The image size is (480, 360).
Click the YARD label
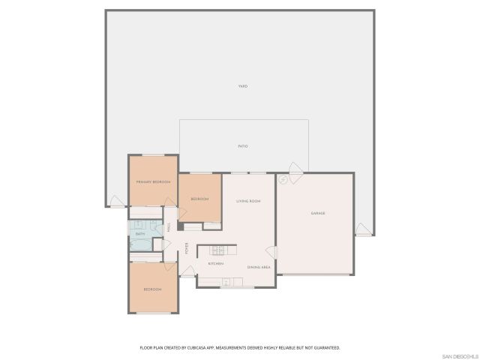(243, 86)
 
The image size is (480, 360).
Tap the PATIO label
(243, 145)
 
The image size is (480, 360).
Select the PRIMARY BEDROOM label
(153, 182)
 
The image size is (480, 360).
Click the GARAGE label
(318, 214)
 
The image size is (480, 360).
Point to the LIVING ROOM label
(248, 201)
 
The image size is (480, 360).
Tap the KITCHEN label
(217, 264)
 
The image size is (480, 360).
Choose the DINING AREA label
(259, 267)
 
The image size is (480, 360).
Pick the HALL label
(169, 226)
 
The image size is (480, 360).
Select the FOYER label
(187, 249)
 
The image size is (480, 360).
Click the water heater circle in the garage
(283, 180)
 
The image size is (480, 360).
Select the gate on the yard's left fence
(116, 201)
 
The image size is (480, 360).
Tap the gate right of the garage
(363, 229)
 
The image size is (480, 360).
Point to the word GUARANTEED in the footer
(326, 348)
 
